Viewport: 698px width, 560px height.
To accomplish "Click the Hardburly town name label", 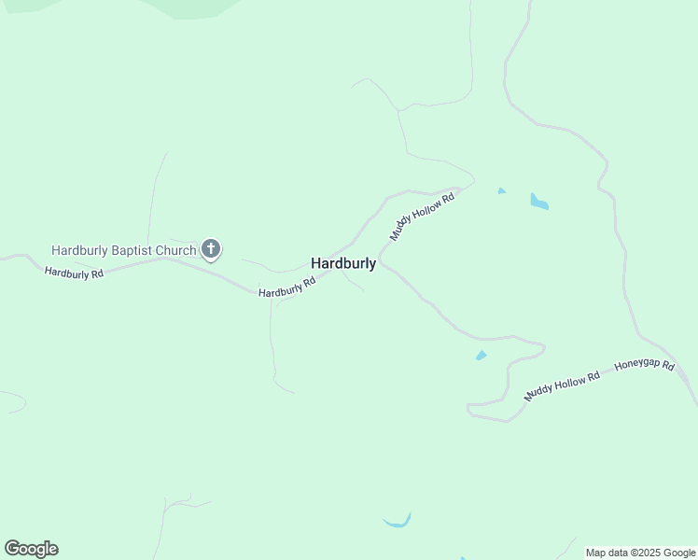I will pos(343,264).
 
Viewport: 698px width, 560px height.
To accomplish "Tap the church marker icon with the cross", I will pos(212,249).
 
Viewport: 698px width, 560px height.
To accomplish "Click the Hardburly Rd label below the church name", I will pos(74,273).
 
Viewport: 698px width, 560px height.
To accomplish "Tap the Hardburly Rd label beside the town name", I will pos(286,287).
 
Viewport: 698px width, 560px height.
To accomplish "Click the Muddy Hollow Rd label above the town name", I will pos(422,217).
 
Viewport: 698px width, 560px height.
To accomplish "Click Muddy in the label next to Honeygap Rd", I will pos(540,391).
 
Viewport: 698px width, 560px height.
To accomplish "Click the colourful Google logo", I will pos(31,549).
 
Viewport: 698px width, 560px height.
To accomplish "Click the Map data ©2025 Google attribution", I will pos(641,553).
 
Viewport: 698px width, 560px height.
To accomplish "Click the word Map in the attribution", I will pos(596,553).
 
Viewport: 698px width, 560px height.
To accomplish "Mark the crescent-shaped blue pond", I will pos(398,521).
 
